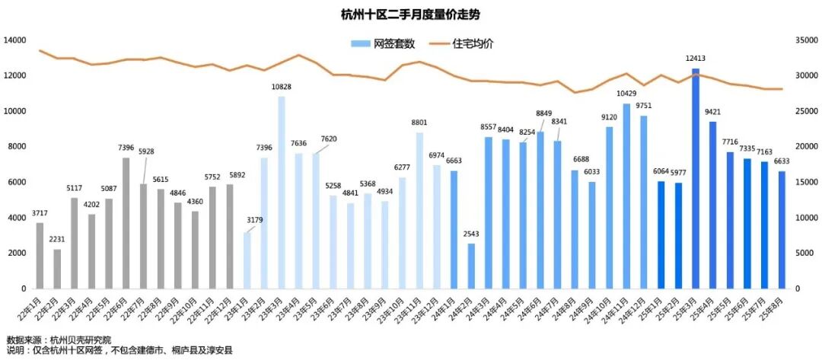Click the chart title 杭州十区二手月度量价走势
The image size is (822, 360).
click(x=410, y=14)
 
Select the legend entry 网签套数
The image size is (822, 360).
click(x=384, y=44)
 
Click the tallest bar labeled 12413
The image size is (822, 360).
click(x=695, y=179)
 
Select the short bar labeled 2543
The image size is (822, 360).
click(x=471, y=266)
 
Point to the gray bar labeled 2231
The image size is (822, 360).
click(x=57, y=269)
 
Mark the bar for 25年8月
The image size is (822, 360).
click(x=781, y=230)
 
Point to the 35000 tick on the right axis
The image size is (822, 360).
click(x=805, y=40)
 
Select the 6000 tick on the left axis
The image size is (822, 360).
click(x=18, y=182)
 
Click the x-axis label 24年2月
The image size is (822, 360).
click(x=465, y=310)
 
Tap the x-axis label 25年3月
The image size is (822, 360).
click(x=689, y=310)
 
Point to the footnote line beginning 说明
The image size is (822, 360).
click(x=119, y=351)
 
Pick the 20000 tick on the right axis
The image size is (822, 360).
click(x=805, y=146)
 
